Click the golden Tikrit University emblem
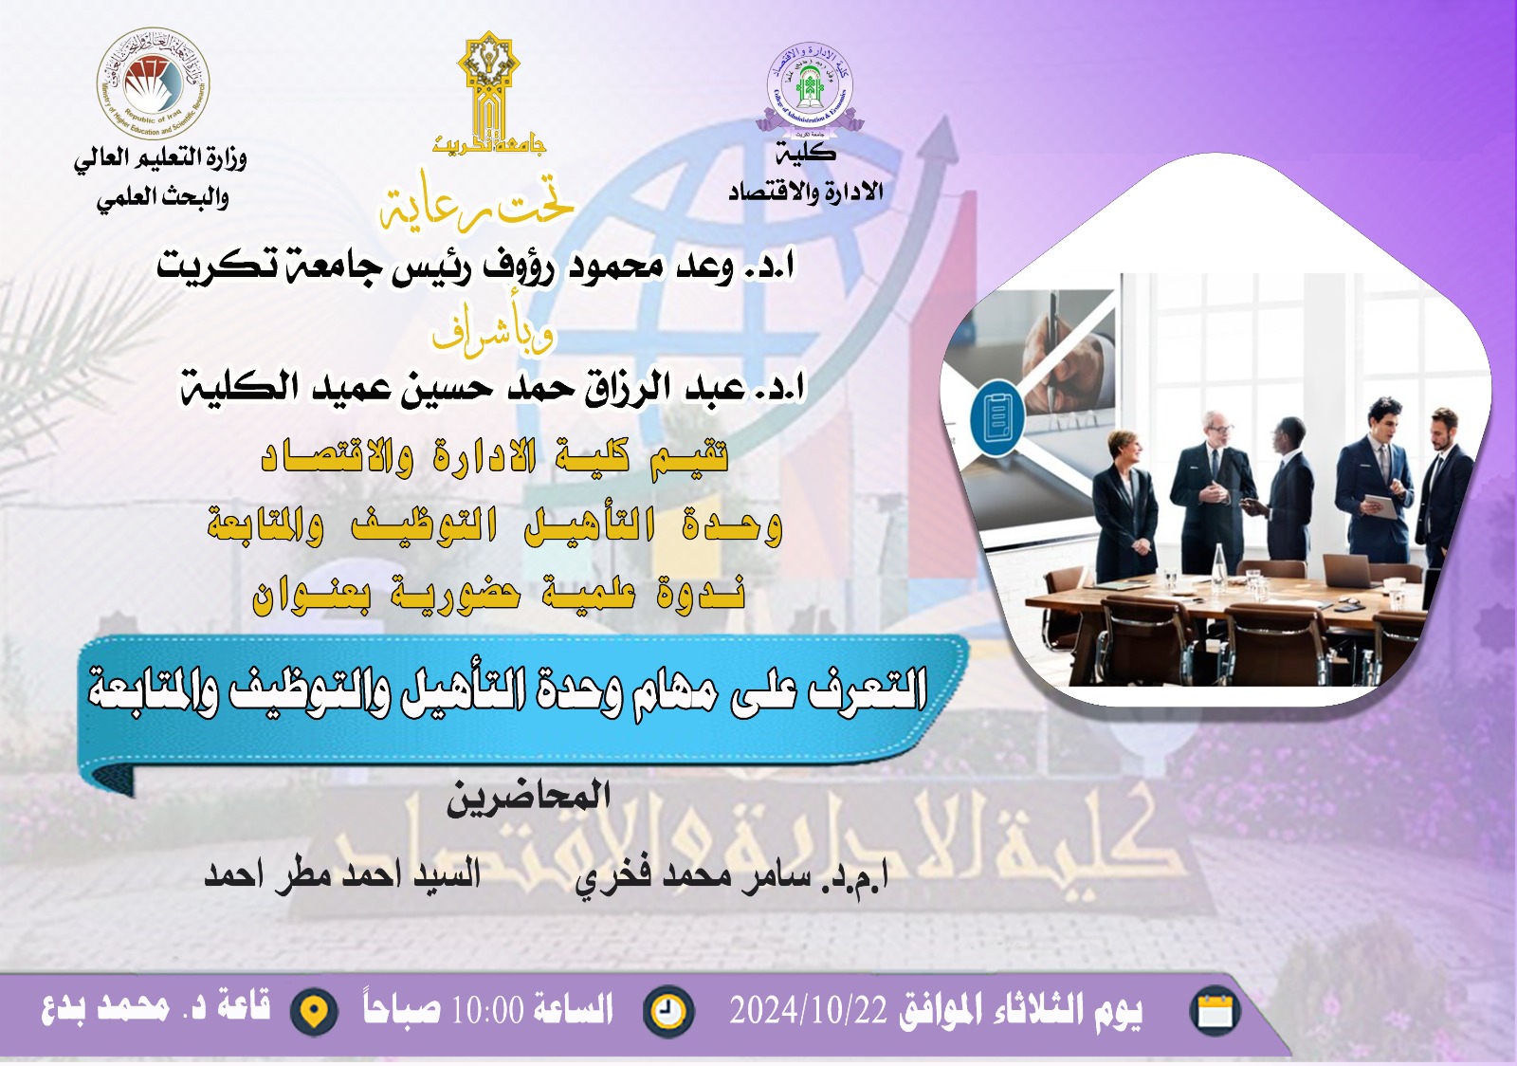(488, 90)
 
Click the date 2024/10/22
(807, 1011)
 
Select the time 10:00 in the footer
(487, 1011)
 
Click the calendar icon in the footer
(1215, 1011)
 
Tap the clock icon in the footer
(668, 1011)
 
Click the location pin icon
(314, 1012)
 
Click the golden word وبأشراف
(492, 332)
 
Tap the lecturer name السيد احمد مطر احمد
(343, 873)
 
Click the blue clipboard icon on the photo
(997, 417)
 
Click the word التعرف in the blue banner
(868, 689)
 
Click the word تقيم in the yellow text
(689, 457)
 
